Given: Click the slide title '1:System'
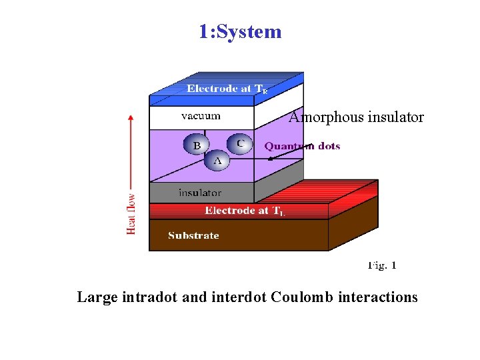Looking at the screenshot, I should coord(240,31).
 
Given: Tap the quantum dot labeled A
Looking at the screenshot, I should coord(217,161).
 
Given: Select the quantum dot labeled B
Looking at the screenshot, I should coord(197,145).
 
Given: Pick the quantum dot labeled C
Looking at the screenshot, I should coord(239,143).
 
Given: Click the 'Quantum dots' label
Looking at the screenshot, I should coord(302,146).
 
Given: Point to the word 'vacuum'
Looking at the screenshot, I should coord(201,116).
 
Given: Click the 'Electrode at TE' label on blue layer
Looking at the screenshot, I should coord(227,89).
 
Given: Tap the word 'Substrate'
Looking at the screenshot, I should coord(193,235).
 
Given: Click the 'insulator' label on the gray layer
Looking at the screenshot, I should coord(200,193).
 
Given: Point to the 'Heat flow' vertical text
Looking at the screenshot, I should coord(131,213).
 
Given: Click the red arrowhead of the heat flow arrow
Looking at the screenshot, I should coord(131,118).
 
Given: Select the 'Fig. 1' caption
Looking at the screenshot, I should coord(382,265).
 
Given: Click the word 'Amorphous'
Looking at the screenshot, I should coord(317,117).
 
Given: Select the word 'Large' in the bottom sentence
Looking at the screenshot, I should coord(97,297).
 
